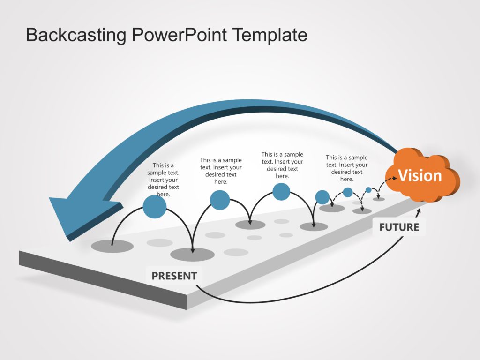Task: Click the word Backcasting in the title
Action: click(x=76, y=35)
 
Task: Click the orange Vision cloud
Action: click(x=420, y=176)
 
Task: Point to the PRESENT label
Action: click(x=174, y=276)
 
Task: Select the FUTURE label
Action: click(x=399, y=227)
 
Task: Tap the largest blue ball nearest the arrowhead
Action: click(x=154, y=207)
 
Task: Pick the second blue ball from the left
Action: click(x=220, y=200)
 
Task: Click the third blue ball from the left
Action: click(x=281, y=191)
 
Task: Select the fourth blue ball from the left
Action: click(x=322, y=197)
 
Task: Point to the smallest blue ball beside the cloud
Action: click(x=368, y=190)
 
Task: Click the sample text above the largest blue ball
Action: click(x=163, y=180)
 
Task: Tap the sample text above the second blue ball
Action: click(x=221, y=171)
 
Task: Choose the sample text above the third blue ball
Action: click(x=282, y=165)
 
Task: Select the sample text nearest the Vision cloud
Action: click(x=347, y=168)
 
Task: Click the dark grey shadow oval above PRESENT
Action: click(x=192, y=255)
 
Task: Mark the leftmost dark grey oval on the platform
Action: click(x=112, y=246)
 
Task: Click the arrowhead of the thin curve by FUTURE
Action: click(x=418, y=219)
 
